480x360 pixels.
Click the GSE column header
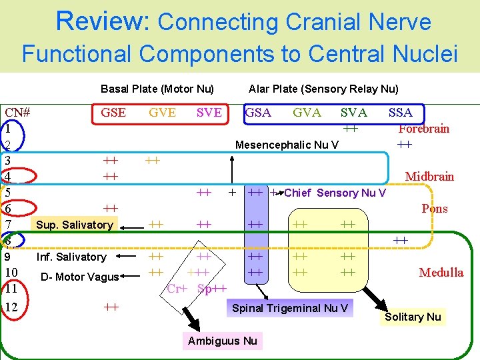[x=113, y=113]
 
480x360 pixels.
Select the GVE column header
[x=163, y=113]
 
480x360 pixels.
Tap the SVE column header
[x=209, y=113]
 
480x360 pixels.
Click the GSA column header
[x=259, y=113]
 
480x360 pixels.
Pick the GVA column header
[x=307, y=113]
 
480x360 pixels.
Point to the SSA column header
[x=400, y=113]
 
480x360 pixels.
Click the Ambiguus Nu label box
[x=222, y=341]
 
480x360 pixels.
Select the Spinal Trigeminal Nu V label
[x=289, y=308]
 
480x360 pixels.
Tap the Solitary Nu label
[x=413, y=317]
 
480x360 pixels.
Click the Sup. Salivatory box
[x=75, y=225]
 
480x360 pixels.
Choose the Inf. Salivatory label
[x=71, y=257]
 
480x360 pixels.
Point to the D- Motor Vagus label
[x=79, y=277]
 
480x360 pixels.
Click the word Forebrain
[x=423, y=129]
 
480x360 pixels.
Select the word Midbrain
[x=429, y=177]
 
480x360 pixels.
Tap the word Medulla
[x=441, y=272]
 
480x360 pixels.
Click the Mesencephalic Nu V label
[x=287, y=145]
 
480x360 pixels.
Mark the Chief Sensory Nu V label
[x=335, y=193]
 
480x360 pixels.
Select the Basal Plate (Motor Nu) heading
[x=157, y=89]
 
